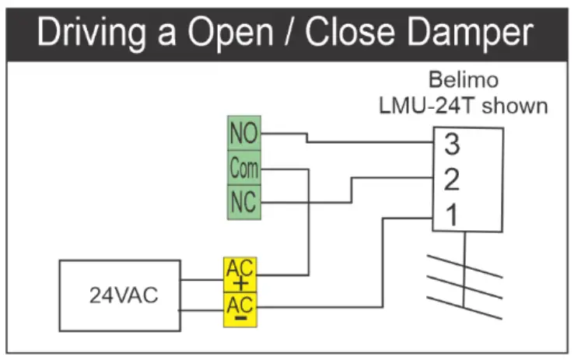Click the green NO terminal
click(242, 134)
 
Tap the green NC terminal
click(242, 202)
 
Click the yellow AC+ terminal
click(239, 274)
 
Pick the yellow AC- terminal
click(239, 309)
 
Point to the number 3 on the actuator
click(452, 144)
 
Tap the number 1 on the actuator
click(451, 215)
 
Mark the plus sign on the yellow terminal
click(240, 283)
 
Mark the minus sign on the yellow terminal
click(240, 318)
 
